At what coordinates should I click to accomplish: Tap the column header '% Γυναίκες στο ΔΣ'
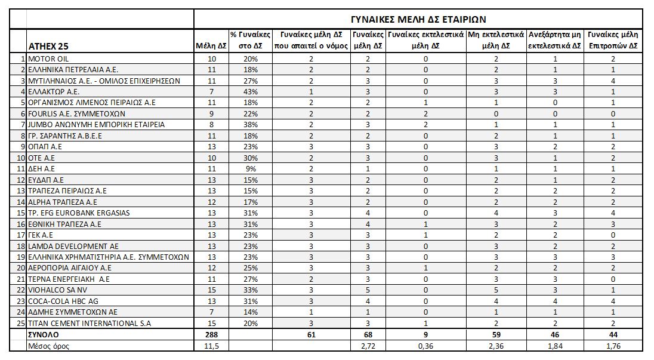tap(251, 41)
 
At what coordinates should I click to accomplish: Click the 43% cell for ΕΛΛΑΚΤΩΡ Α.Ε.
tap(251, 92)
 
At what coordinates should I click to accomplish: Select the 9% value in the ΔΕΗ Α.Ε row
tap(251, 168)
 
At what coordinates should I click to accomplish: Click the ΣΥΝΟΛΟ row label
tap(45, 335)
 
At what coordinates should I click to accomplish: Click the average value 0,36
tap(425, 346)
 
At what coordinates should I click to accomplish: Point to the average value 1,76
tap(613, 346)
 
